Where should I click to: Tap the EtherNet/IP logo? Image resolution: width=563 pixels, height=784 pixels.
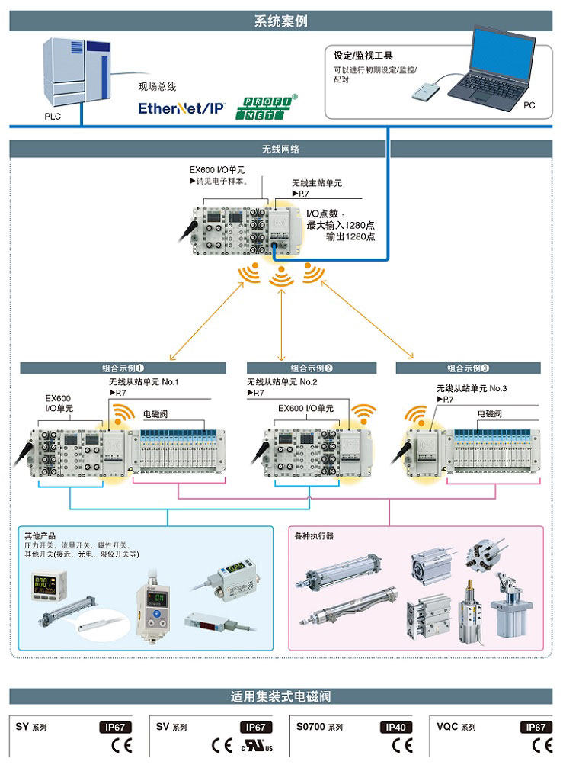tap(181, 108)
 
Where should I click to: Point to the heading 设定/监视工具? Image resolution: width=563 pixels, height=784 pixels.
tap(363, 56)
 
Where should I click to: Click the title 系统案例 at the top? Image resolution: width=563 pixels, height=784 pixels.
tap(280, 21)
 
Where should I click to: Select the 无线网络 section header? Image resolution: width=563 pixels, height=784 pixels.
tap(280, 149)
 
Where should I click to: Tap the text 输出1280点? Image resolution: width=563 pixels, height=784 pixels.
tap(350, 237)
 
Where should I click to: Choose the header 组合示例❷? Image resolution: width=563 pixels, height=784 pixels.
tap(312, 368)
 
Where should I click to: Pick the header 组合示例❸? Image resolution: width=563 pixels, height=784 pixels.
tap(468, 368)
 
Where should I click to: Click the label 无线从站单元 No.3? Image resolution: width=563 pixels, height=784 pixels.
tap(471, 388)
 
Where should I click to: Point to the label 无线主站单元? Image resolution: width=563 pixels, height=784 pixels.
tap(317, 183)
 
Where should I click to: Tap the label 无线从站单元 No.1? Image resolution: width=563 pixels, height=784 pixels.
tap(145, 381)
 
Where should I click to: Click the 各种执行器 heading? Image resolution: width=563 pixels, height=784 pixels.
tap(314, 536)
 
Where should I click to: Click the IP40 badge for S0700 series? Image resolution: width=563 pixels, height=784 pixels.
tap(396, 728)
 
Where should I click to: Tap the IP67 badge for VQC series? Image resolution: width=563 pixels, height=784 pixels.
tap(536, 728)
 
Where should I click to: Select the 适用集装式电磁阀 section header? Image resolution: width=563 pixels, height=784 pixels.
tap(280, 696)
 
